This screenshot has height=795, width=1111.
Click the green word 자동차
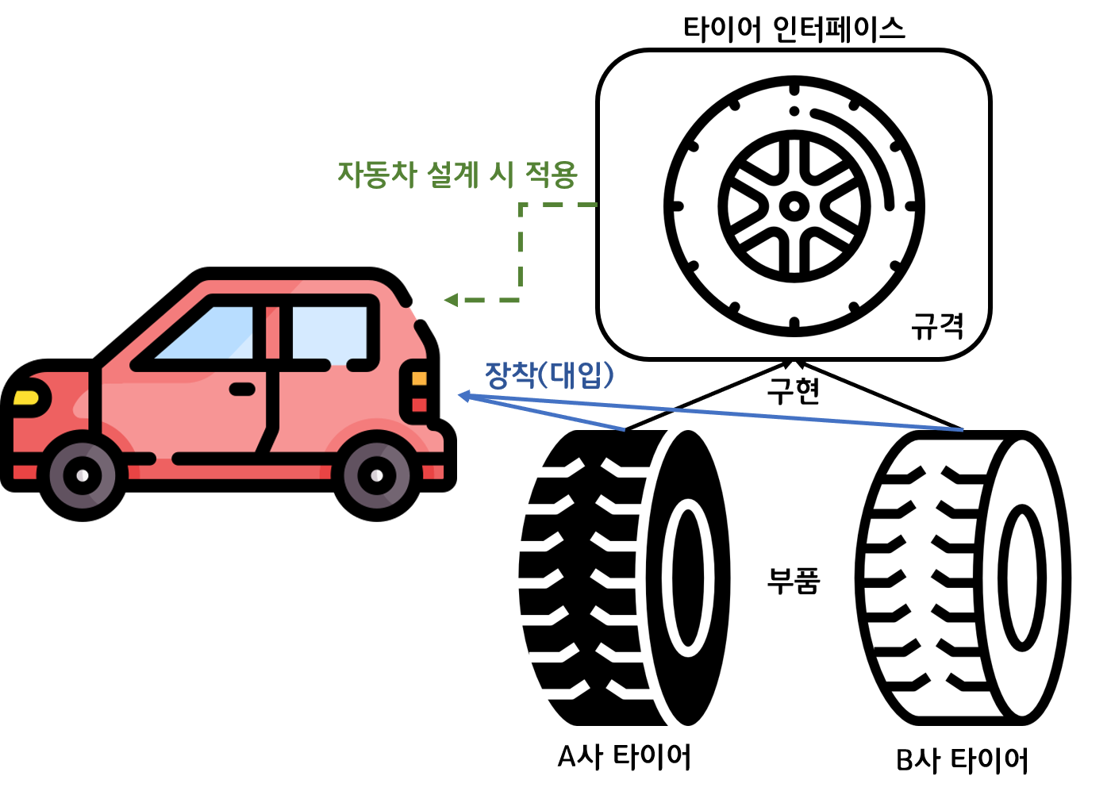click(377, 174)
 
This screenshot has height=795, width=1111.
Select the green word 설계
click(452, 174)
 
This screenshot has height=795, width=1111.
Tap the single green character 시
click(502, 174)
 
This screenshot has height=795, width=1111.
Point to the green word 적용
click(551, 174)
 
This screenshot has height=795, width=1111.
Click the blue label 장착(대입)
click(549, 374)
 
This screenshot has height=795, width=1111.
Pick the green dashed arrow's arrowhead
click(451, 300)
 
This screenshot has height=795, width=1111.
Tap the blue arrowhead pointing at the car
click(464, 396)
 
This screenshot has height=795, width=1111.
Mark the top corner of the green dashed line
click(521, 205)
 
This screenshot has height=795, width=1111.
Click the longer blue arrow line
click(754, 416)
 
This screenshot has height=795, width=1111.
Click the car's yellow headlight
click(26, 397)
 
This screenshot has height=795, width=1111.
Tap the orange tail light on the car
click(419, 378)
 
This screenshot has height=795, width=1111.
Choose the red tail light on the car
click(419, 405)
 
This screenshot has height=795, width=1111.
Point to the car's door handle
click(242, 389)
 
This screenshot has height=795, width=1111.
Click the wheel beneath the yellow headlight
click(83, 475)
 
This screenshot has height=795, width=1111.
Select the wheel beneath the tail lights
click(377, 475)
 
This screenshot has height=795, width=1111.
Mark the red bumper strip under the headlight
click(25, 473)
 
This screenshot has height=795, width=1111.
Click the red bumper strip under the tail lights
click(433, 472)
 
